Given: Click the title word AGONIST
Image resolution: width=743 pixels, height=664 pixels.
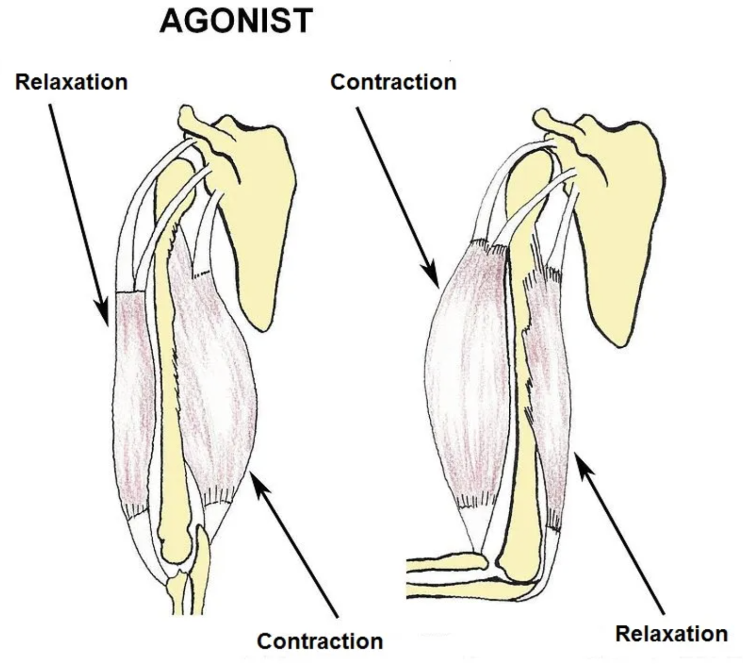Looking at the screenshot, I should tap(236, 21).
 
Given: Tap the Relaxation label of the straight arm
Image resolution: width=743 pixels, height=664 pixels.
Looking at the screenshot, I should tap(71, 82).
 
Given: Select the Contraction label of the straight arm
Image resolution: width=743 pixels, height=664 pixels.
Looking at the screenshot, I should tap(320, 641).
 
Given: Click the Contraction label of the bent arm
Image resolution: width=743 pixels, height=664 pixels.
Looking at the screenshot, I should tap(393, 82).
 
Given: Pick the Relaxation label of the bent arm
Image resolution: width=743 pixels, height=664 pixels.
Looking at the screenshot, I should tap(672, 634).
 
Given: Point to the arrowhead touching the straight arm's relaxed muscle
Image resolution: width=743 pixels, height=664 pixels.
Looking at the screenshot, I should tap(103, 313).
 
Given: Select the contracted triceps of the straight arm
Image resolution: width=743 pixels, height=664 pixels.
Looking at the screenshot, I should tap(217, 371).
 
